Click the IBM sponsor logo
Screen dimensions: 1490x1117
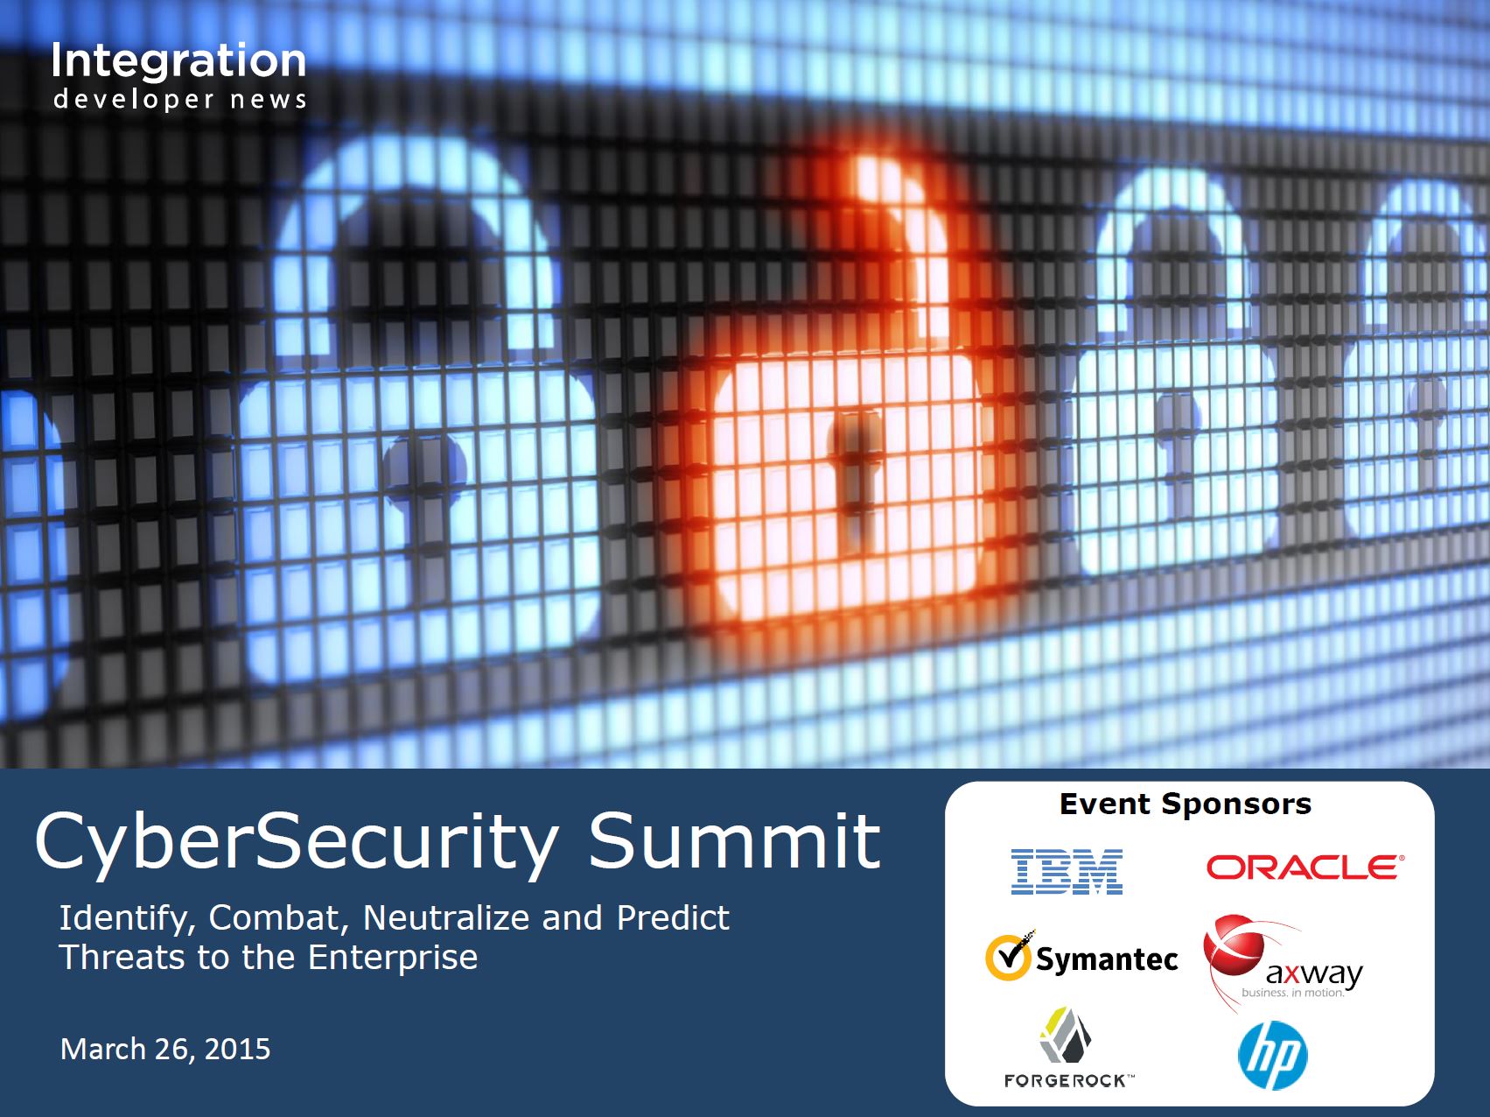1067,871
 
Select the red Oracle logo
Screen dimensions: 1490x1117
1305,868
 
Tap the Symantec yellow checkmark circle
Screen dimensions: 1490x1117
1008,957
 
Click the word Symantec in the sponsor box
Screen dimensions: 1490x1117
1107,959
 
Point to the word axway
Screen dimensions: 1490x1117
1314,973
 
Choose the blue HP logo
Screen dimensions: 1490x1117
1273,1055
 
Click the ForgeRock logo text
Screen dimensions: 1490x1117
1068,1081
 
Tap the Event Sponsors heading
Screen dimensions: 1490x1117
1186,804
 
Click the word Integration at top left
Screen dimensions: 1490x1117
178,62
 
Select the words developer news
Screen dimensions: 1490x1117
179,100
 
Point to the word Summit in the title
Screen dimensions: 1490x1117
734,840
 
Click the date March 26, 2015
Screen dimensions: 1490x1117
165,1049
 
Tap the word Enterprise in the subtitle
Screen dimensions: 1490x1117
393,958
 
